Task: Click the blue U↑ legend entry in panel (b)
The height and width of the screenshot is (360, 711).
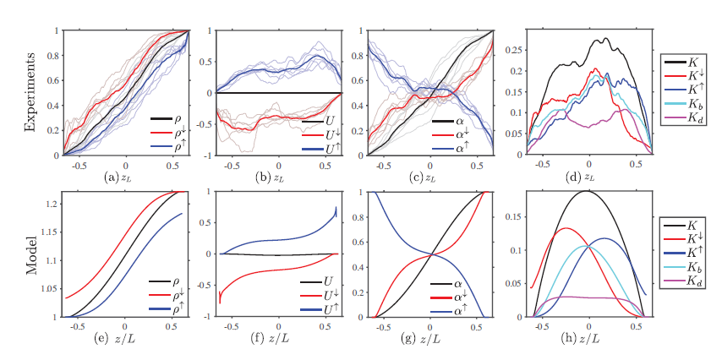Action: click(316, 146)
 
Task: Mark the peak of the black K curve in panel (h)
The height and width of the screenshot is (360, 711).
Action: click(587, 191)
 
